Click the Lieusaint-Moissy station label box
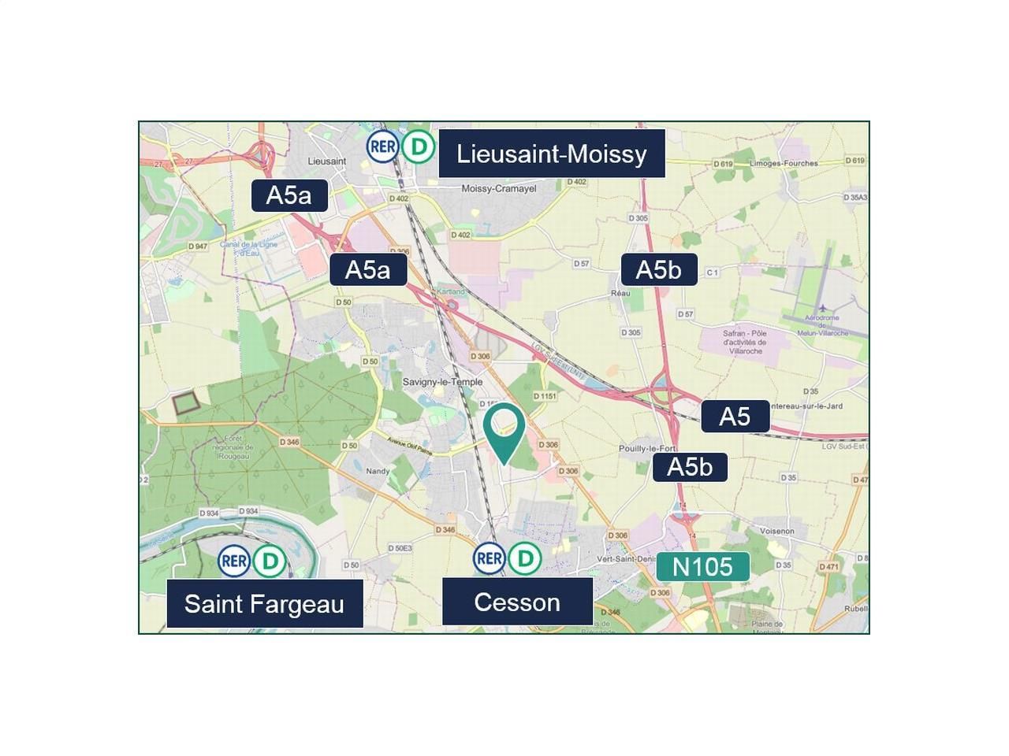551,154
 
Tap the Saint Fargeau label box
264,604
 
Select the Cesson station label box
517,602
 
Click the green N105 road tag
702,567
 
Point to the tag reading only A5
735,417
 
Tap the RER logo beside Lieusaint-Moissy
382,146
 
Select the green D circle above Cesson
524,558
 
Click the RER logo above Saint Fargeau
234,561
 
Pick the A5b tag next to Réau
658,270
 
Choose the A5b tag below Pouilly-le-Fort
690,467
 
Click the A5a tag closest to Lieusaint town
289,195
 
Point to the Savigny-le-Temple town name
442,382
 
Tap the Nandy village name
378,472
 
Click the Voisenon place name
777,532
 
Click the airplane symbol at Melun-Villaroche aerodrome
822,308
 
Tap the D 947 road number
198,246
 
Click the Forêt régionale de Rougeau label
231,447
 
